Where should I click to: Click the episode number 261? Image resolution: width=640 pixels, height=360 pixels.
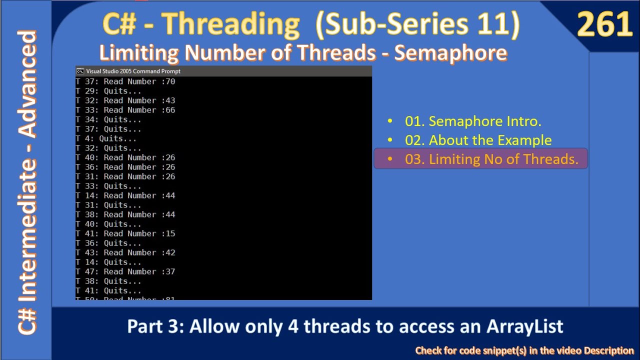coord(605,25)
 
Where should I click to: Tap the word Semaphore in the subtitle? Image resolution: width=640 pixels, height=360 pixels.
coord(451,52)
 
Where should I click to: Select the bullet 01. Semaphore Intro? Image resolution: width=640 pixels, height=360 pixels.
coord(473,121)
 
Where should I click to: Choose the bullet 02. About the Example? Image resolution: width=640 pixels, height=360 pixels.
coord(478,140)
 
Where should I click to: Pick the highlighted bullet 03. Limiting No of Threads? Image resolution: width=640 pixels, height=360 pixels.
coord(491,159)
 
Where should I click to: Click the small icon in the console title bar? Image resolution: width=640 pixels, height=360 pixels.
coord(80,71)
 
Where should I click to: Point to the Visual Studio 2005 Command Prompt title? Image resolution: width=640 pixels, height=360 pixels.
coord(133,71)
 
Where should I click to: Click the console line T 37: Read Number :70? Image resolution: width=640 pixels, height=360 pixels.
coord(125,81)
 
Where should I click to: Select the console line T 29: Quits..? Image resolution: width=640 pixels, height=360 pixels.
coord(108,91)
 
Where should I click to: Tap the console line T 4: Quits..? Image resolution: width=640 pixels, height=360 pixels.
coord(106,138)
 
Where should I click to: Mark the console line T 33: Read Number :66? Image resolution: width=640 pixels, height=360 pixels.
coord(125,110)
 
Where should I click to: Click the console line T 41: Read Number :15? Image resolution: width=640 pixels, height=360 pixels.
coord(125,233)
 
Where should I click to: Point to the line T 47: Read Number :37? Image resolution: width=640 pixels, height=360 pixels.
coord(125,271)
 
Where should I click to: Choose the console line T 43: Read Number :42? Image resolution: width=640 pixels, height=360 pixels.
coord(125,252)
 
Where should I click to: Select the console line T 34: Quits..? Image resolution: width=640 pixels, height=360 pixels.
coord(108,119)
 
